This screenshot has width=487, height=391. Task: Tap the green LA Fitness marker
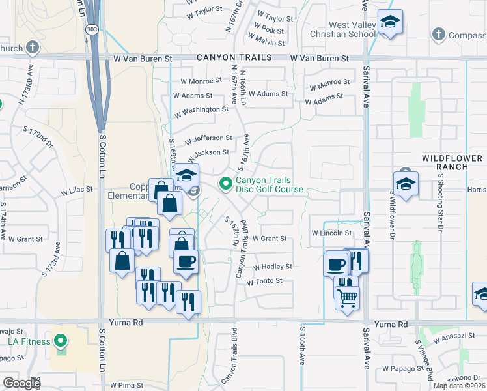pyautogui.click(x=61, y=340)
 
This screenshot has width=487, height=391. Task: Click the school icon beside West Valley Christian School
pyautogui.click(x=390, y=23)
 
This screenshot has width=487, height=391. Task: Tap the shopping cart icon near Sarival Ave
pyautogui.click(x=347, y=298)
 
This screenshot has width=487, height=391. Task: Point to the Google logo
pyautogui.click(x=21, y=383)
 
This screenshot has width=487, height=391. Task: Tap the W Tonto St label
pyautogui.click(x=264, y=281)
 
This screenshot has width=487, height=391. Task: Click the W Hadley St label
pyautogui.click(x=272, y=267)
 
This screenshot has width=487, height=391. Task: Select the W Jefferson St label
pyautogui.click(x=208, y=138)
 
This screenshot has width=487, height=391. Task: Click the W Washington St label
pyautogui.click(x=201, y=109)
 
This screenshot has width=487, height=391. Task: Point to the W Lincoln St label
pyautogui.click(x=332, y=233)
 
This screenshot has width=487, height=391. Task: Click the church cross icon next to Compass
pyautogui.click(x=439, y=33)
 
